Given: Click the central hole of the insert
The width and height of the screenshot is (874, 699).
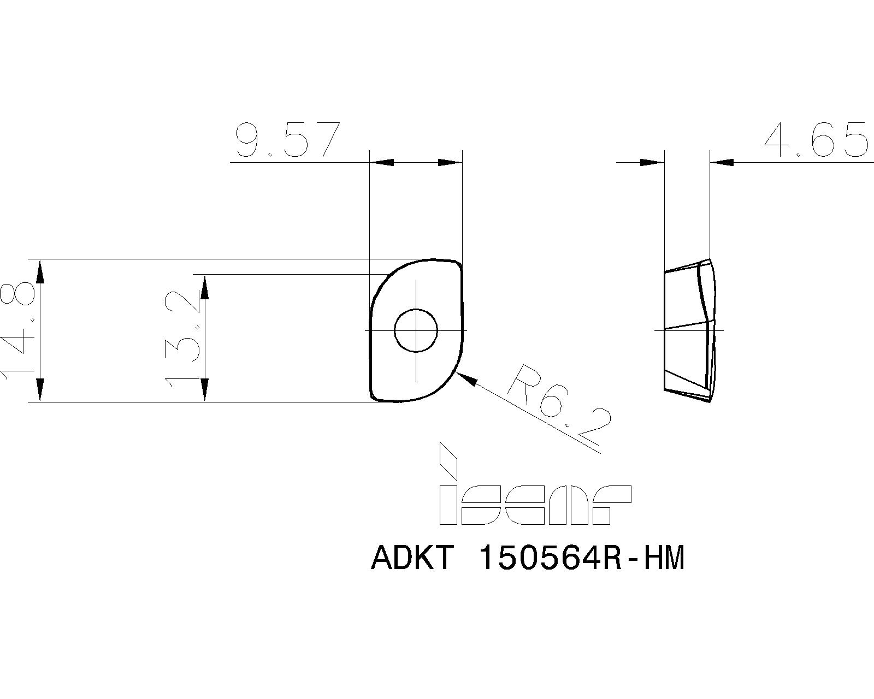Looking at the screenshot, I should [416, 330].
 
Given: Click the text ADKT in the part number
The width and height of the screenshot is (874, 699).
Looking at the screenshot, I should [412, 559].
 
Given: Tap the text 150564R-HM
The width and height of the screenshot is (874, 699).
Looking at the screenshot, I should [580, 559].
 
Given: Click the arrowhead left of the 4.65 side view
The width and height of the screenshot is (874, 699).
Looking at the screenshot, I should [652, 162].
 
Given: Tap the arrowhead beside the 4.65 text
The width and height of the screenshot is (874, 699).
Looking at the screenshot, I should [723, 162].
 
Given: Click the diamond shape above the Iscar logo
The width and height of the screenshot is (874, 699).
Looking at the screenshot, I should [448, 459].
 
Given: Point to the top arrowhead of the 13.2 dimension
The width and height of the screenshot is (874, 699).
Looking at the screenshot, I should [205, 287].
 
